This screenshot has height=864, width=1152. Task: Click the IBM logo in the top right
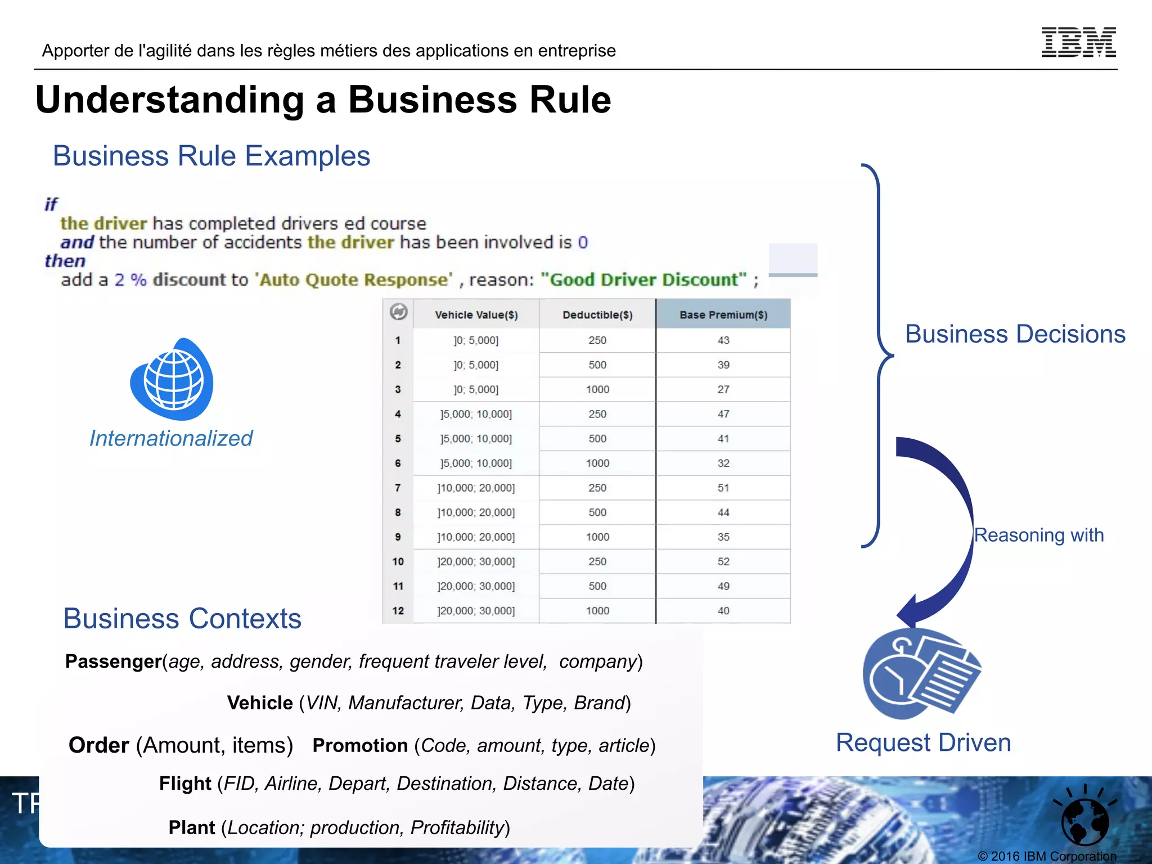(x=1078, y=42)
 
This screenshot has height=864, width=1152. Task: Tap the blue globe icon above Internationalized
(x=172, y=380)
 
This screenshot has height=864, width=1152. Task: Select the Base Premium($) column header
(x=723, y=315)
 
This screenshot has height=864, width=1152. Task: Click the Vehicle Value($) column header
(x=476, y=315)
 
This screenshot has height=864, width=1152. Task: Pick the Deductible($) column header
(x=597, y=315)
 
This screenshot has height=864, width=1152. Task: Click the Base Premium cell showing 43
(x=723, y=340)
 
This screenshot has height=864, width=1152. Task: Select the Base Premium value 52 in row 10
(x=723, y=561)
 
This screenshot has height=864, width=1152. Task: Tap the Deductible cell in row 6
(x=597, y=463)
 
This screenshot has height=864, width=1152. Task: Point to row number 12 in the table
(x=398, y=611)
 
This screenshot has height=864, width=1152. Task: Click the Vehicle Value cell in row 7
(x=476, y=488)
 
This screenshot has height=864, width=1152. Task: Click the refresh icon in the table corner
(x=398, y=312)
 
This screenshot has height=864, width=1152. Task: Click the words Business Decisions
(x=1015, y=334)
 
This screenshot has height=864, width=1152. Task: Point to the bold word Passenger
(x=113, y=661)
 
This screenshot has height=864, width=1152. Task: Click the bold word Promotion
(x=360, y=745)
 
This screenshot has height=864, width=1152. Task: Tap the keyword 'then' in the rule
(x=65, y=261)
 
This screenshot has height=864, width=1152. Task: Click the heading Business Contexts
(x=182, y=619)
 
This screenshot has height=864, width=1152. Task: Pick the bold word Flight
(x=185, y=784)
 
